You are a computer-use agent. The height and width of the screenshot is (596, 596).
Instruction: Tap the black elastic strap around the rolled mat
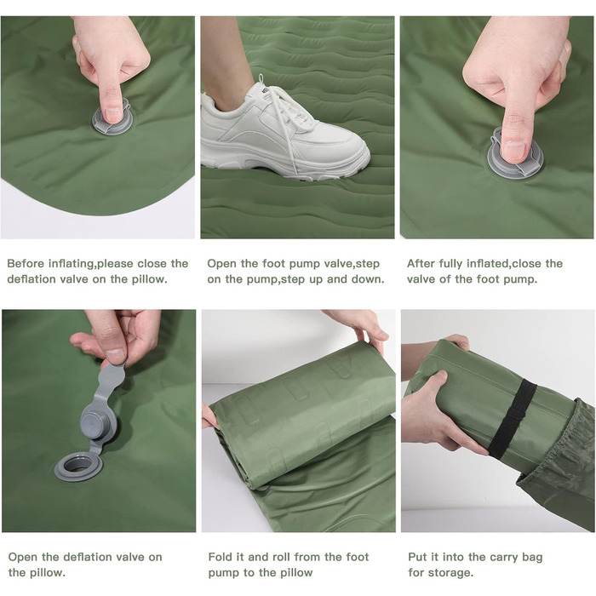point(513,418)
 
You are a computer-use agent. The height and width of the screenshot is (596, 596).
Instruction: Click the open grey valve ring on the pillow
point(78,466)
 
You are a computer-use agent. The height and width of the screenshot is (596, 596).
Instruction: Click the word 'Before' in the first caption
point(24,263)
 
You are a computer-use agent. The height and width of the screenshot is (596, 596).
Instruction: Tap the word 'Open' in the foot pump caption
point(222,264)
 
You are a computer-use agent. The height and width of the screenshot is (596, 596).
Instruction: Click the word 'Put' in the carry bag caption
point(417,557)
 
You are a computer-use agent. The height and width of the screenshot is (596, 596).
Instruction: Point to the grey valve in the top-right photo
point(515,156)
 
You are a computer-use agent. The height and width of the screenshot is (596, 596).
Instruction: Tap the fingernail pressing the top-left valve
point(113,115)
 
